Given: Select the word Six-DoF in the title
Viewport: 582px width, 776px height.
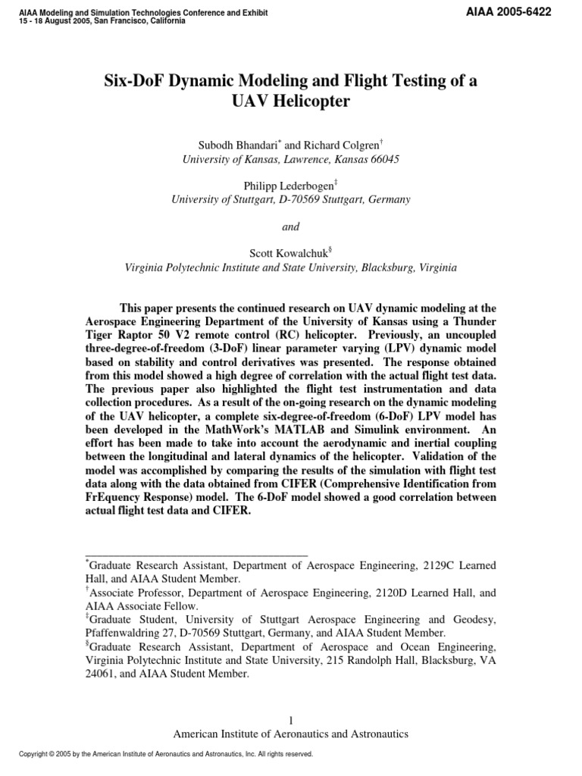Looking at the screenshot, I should click(133, 81).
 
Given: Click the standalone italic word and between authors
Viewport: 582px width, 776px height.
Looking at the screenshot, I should click(290, 227).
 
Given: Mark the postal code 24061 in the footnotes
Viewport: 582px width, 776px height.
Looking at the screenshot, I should click(99, 674).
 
